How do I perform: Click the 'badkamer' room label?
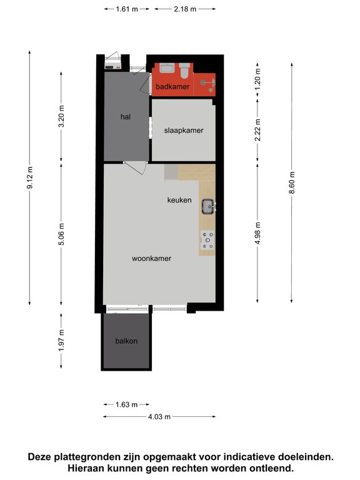click(x=172, y=87)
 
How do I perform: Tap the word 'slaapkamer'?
click(x=184, y=131)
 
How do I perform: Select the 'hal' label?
click(x=126, y=117)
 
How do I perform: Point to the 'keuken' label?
click(x=179, y=200)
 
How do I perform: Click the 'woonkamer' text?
click(x=151, y=258)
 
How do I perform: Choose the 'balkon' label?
click(x=126, y=341)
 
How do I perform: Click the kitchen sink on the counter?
click(x=209, y=207)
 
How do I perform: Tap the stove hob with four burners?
click(x=207, y=240)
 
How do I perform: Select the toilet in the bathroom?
click(x=184, y=71)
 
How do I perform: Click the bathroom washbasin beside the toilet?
click(x=167, y=67)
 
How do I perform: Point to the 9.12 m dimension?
click(x=30, y=177)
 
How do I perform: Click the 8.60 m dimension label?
click(x=292, y=182)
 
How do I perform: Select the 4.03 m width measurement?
click(x=159, y=417)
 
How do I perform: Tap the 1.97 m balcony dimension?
click(x=61, y=341)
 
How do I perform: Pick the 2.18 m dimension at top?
click(x=185, y=9)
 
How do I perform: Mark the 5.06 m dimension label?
click(x=61, y=234)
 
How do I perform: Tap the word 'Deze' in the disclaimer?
click(x=40, y=457)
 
